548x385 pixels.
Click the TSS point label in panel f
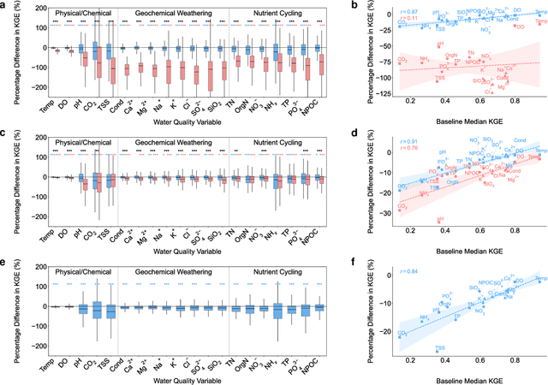[438, 349]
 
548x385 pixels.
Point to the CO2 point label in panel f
[400, 333]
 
